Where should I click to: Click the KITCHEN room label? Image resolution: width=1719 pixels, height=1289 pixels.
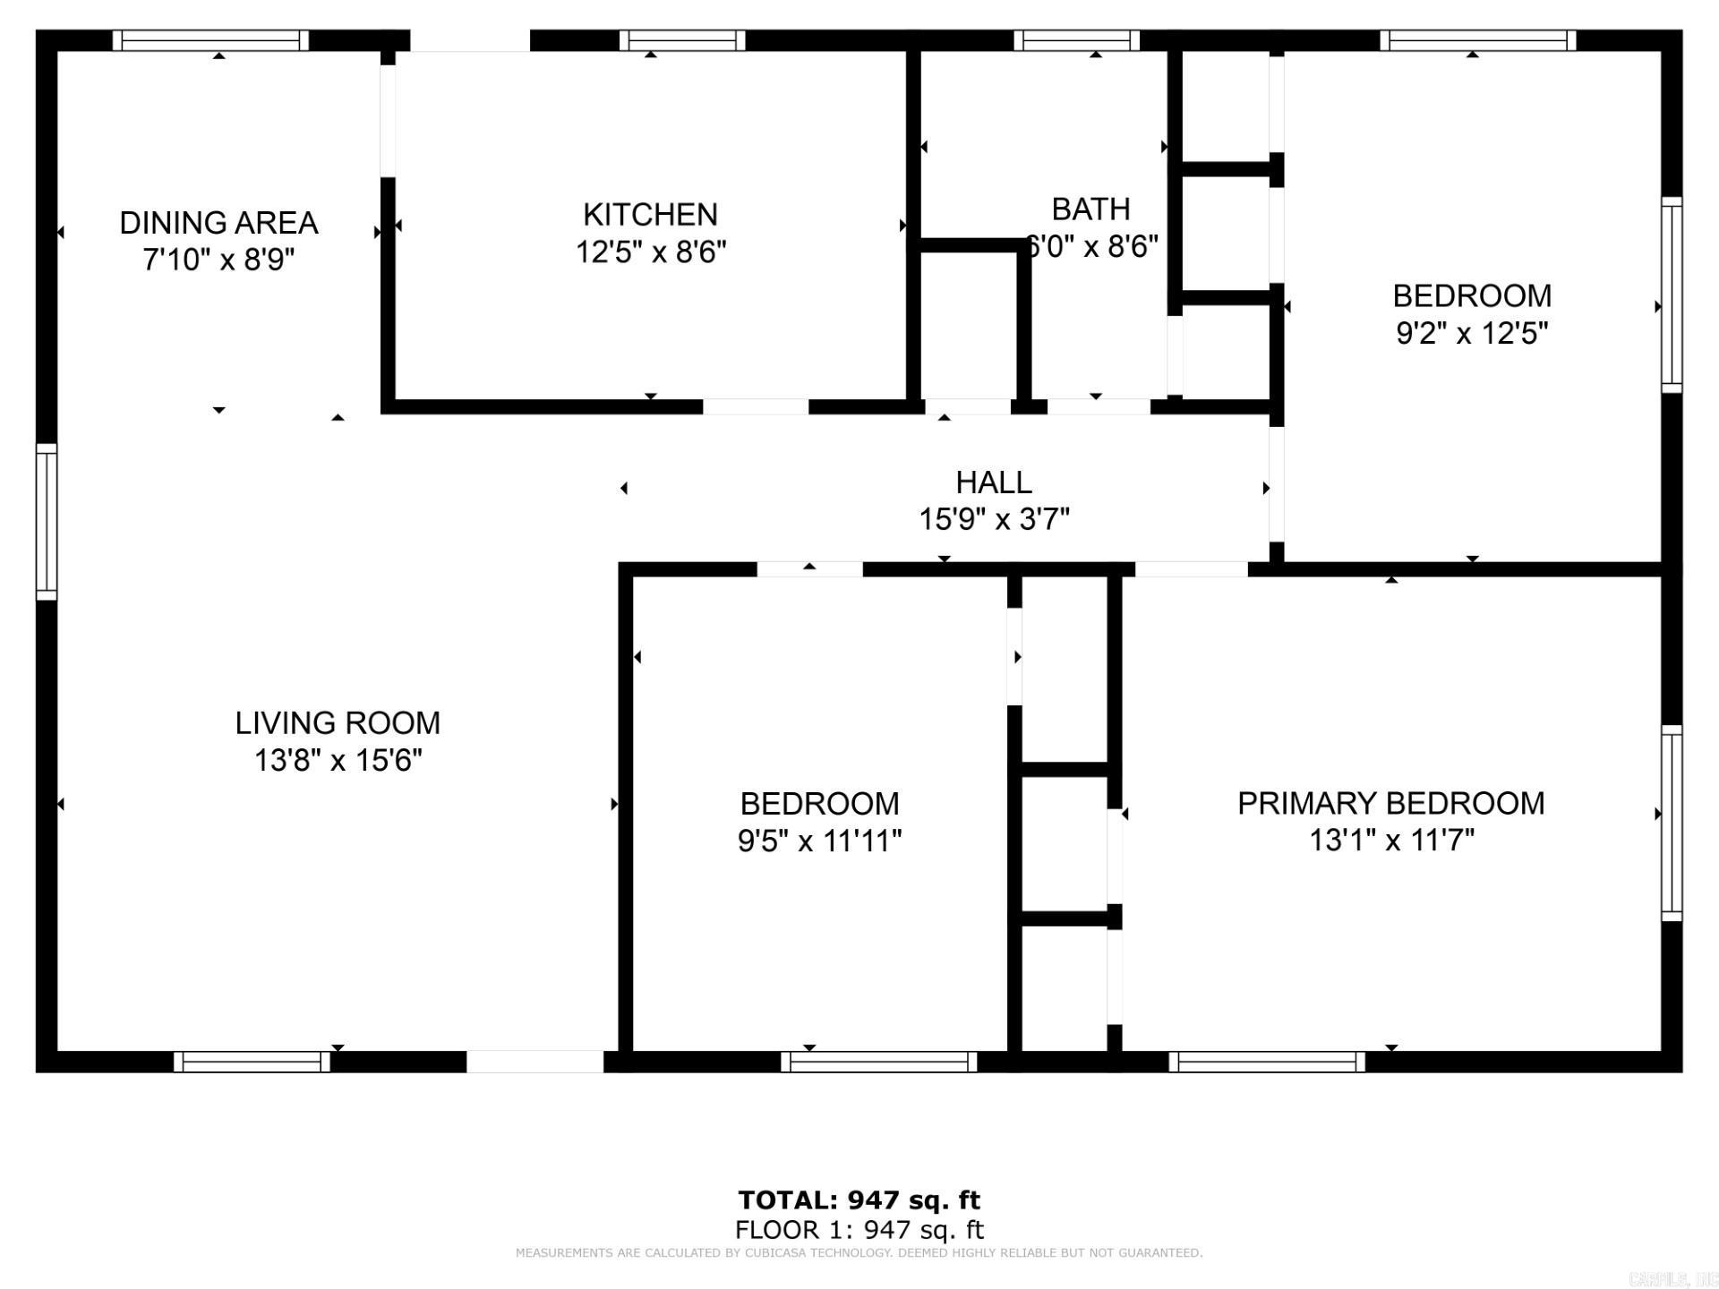pyautogui.click(x=650, y=215)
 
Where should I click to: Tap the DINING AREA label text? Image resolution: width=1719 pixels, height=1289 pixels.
pyautogui.click(x=218, y=223)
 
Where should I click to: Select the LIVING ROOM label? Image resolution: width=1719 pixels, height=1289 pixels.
pyautogui.click(x=338, y=723)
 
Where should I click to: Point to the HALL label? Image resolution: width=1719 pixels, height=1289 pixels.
pyautogui.click(x=994, y=482)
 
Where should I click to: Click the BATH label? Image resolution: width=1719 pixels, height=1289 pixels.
pyautogui.click(x=1090, y=209)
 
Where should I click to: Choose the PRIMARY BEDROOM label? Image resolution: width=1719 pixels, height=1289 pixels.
pyautogui.click(x=1390, y=804)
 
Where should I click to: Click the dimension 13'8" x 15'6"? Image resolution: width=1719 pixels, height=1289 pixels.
pyautogui.click(x=338, y=761)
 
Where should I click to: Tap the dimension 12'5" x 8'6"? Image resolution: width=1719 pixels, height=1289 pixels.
pyautogui.click(x=650, y=252)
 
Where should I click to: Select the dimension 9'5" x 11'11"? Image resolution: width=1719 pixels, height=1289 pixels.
pyautogui.click(x=819, y=841)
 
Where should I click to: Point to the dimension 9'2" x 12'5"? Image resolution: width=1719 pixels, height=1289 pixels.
pyautogui.click(x=1472, y=334)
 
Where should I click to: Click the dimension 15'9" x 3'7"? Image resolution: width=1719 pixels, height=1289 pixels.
pyautogui.click(x=994, y=519)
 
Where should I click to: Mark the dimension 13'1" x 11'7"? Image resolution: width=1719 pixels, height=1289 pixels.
pyautogui.click(x=1390, y=841)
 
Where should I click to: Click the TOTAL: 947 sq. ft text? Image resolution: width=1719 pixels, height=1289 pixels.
pyautogui.click(x=859, y=1199)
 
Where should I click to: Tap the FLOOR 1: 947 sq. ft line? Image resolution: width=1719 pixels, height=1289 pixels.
pyautogui.click(x=859, y=1230)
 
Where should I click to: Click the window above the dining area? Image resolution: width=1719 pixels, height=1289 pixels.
pyautogui.click(x=210, y=40)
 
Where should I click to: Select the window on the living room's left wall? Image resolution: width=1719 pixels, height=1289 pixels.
pyautogui.click(x=47, y=521)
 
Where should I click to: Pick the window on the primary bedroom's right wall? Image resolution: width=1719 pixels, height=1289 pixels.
pyautogui.click(x=1672, y=823)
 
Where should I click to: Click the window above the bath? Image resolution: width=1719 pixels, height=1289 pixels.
pyautogui.click(x=1077, y=40)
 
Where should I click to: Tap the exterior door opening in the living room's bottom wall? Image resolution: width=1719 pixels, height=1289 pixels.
pyautogui.click(x=535, y=1062)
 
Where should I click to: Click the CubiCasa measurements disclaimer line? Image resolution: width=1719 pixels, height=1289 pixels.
pyautogui.click(x=859, y=1253)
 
